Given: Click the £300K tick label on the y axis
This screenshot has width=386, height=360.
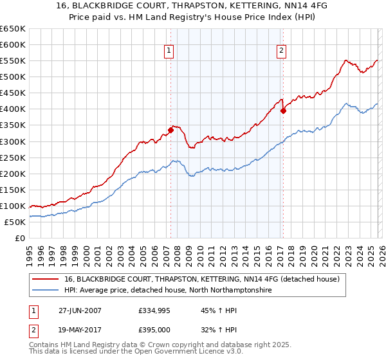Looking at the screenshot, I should [12, 141].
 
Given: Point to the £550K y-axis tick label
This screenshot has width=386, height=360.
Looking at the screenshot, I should [12, 61].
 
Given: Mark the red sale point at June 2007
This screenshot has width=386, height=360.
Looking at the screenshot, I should [171, 130].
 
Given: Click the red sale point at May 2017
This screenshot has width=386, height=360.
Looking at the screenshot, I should [283, 111].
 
